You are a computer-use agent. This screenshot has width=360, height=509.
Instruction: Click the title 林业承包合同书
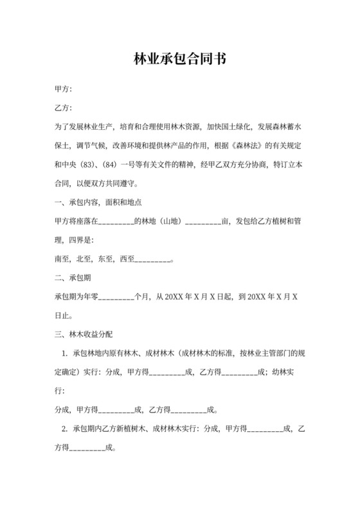[179, 59]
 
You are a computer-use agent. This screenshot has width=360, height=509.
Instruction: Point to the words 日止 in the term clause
[62, 316]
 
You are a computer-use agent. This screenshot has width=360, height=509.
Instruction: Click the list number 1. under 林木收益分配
[64, 353]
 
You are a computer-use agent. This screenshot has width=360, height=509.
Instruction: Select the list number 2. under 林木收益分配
[64, 429]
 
